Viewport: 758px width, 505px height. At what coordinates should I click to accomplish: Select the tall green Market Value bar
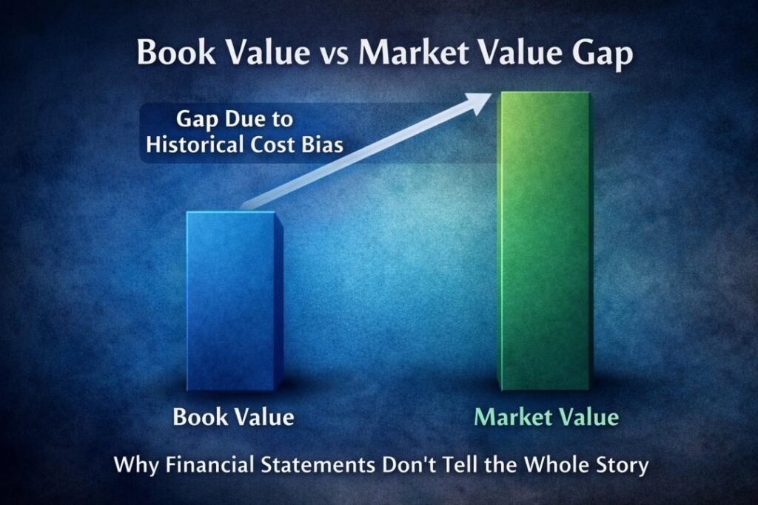point(544,240)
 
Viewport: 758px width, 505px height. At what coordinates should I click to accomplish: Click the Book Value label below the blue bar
point(233,417)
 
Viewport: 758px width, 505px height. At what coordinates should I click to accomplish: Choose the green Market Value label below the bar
point(546,417)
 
